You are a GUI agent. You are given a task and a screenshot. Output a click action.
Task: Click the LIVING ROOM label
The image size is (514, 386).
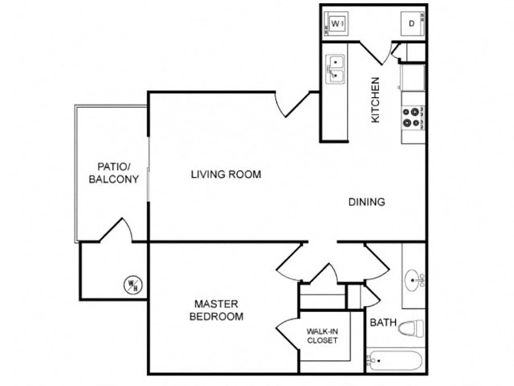(226, 174)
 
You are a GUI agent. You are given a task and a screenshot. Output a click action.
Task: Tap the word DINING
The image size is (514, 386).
(366, 202)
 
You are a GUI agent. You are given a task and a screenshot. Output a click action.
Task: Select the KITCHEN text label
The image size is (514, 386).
(375, 100)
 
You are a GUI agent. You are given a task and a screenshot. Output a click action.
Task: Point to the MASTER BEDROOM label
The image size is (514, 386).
(217, 310)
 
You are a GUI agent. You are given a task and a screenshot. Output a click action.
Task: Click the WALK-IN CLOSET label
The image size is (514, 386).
(323, 336)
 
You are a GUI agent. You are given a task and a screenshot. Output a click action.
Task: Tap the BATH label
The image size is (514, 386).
(383, 323)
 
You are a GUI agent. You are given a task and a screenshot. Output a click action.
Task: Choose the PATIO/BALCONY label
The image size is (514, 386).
(114, 173)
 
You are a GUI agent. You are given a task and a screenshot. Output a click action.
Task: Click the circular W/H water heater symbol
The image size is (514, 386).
(133, 284)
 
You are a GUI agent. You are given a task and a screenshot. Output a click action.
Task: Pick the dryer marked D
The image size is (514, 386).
(412, 24)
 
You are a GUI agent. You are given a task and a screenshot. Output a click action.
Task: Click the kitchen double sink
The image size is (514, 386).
(335, 69)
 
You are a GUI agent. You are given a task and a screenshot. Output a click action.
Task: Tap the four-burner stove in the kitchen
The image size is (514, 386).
(413, 118)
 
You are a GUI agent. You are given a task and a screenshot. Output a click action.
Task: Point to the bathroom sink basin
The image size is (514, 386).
(412, 280)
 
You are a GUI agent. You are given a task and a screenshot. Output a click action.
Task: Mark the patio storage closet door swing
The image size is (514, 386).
(116, 230)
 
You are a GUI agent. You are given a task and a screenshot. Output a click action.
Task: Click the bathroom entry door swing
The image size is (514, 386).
(377, 262)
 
